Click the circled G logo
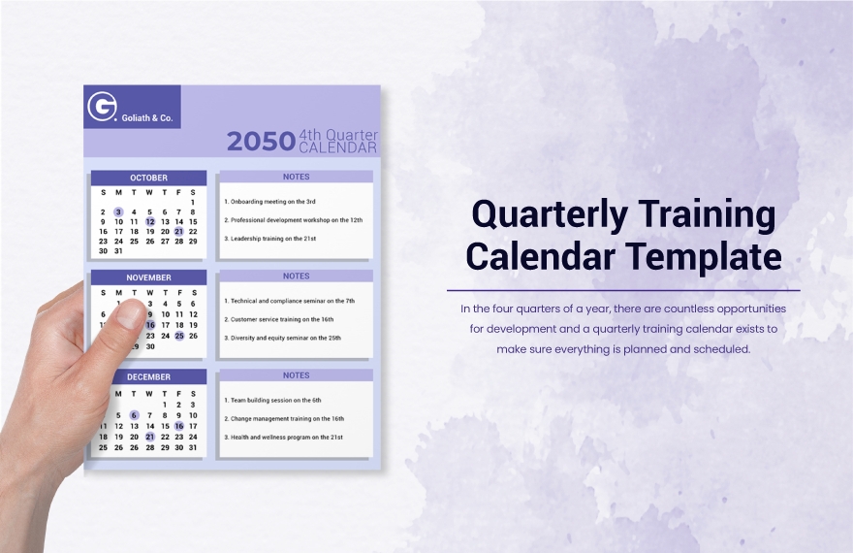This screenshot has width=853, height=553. [102, 107]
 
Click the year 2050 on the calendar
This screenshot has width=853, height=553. [260, 142]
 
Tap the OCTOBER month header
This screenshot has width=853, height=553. [148, 178]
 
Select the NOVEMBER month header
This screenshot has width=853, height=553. [148, 277]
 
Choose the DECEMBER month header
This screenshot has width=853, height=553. [148, 376]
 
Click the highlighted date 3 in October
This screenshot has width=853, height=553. [118, 211]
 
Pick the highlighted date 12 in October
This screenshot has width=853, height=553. [149, 222]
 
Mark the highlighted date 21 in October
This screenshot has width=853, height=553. [178, 232]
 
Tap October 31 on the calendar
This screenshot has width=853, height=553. [118, 251]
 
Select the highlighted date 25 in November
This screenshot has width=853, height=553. [178, 336]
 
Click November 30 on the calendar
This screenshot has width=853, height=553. [149, 346]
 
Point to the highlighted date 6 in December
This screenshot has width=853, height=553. [134, 415]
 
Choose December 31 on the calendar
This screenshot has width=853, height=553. [193, 447]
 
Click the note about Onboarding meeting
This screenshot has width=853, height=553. [270, 202]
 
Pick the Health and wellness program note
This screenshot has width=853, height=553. [283, 437]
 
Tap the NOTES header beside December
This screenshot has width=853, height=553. [296, 375]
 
